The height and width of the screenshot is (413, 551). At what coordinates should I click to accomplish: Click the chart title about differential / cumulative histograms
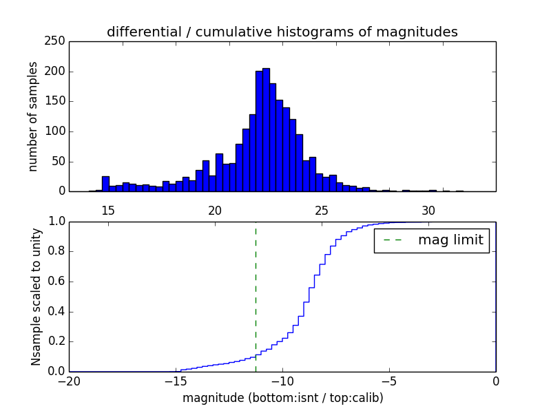282,32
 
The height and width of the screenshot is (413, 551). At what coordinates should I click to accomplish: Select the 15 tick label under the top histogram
108,210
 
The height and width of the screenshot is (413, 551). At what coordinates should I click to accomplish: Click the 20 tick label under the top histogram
215,210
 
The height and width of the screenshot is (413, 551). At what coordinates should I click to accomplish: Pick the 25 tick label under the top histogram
322,210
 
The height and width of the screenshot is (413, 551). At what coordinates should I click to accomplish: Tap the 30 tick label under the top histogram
428,210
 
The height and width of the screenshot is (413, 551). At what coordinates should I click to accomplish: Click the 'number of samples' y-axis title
33,116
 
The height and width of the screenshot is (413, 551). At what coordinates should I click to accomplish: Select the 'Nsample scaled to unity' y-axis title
36,297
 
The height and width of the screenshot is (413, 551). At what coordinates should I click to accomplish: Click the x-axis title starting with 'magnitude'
282,398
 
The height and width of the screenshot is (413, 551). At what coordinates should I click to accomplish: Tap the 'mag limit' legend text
450,240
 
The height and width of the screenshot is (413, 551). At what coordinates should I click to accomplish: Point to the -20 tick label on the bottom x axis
69,381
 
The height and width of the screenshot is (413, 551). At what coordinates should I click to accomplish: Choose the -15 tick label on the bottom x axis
176,381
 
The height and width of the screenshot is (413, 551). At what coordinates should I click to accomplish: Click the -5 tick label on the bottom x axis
389,381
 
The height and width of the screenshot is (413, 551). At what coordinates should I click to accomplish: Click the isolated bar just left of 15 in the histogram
105,184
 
